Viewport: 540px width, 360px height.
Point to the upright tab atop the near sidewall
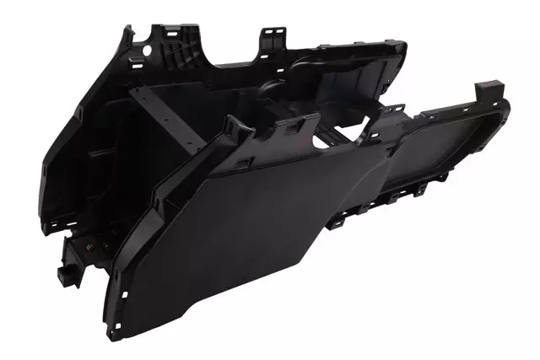(x=235, y=126)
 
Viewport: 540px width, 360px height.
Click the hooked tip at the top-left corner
(x=127, y=32)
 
